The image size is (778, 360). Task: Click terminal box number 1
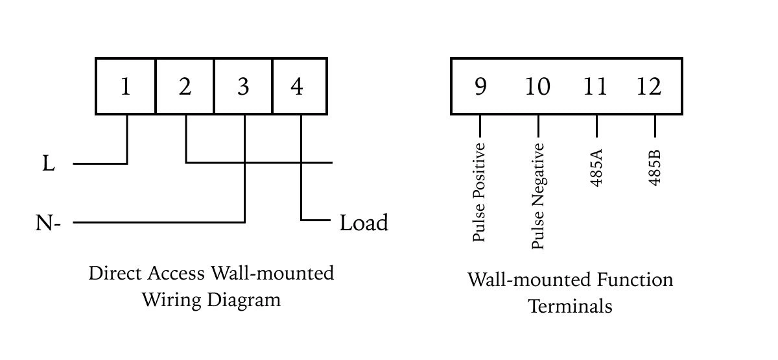click(125, 86)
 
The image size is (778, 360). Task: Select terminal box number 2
click(185, 86)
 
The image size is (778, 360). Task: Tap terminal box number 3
click(243, 86)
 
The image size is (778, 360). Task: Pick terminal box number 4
click(298, 86)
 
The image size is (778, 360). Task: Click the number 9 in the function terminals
click(480, 86)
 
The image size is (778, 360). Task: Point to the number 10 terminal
click(537, 86)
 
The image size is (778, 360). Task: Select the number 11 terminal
click(595, 86)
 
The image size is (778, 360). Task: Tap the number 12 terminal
click(649, 86)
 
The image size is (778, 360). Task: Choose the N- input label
click(48, 224)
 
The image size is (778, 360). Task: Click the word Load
click(364, 223)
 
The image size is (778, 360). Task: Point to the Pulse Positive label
click(479, 192)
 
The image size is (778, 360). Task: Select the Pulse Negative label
click(537, 195)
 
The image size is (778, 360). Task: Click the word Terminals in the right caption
click(570, 306)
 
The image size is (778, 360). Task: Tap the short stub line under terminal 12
click(655, 126)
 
